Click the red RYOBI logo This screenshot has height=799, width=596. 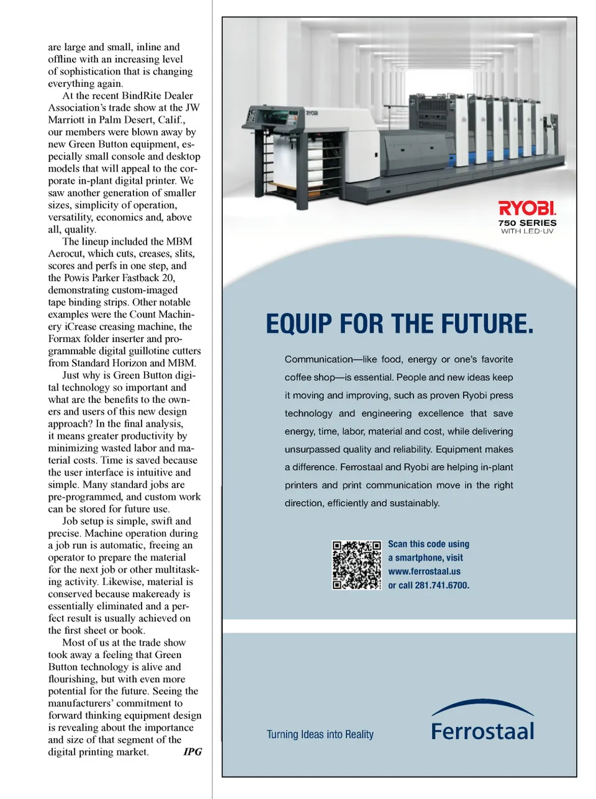527,208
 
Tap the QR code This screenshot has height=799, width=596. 356,565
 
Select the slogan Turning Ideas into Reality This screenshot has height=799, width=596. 320,734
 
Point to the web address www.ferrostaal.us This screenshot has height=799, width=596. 424,571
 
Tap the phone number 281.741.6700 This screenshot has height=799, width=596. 442,585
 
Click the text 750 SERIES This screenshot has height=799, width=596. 527,223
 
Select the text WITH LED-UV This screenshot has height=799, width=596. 527,232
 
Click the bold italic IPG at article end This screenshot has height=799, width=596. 192,752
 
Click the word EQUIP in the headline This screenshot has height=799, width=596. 300,324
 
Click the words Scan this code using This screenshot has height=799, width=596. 428,544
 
